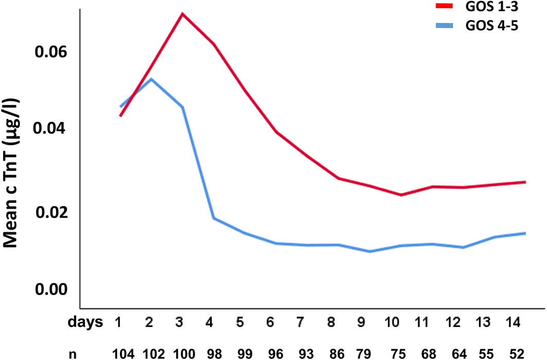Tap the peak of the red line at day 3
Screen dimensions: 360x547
[182, 13]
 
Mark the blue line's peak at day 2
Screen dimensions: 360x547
[151, 79]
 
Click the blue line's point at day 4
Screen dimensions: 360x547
[213, 218]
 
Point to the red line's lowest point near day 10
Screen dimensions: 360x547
[401, 195]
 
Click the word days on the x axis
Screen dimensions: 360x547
[84, 323]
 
